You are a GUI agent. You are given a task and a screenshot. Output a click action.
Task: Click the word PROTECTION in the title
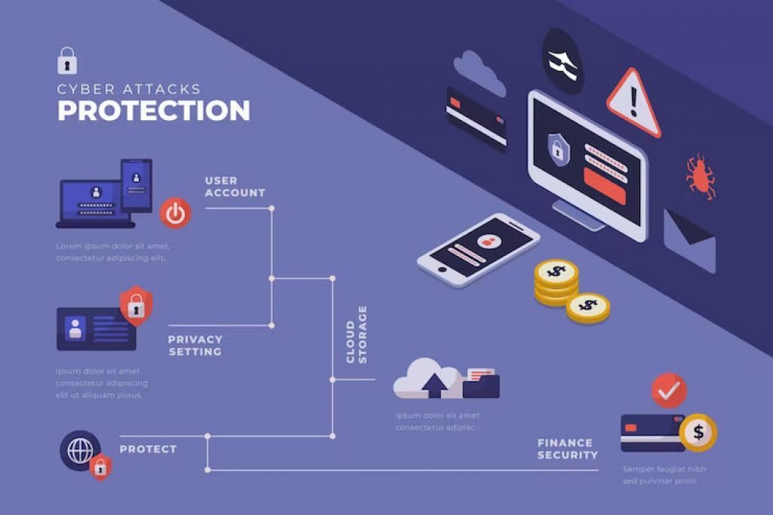click(x=153, y=110)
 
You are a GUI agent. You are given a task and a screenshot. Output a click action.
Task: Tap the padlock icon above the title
click(x=67, y=60)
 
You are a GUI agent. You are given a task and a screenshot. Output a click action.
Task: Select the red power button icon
click(x=175, y=214)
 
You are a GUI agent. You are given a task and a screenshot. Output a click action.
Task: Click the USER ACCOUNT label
click(x=235, y=187)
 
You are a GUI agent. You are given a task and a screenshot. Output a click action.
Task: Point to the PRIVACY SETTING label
click(x=195, y=345)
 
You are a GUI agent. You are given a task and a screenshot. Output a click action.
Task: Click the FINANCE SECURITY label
click(x=567, y=449)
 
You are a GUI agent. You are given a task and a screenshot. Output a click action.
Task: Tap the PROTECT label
click(x=148, y=449)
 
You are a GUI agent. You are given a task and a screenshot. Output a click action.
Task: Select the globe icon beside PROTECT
click(x=79, y=451)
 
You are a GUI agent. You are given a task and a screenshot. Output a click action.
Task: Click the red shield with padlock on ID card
click(x=136, y=304)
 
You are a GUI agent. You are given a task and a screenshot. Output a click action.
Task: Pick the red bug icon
click(x=700, y=176)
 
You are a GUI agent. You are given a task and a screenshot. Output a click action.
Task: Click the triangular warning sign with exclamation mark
click(x=633, y=103)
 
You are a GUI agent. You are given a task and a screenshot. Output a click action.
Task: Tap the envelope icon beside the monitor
click(x=688, y=240)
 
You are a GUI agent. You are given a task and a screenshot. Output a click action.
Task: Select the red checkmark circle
click(x=669, y=390)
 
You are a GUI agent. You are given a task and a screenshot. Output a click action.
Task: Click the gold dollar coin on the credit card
click(x=698, y=433)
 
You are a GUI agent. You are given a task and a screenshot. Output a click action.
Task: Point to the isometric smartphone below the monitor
click(x=479, y=250)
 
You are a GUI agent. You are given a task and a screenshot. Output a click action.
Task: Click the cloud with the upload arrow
click(x=427, y=379)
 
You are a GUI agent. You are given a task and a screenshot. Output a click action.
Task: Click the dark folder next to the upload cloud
click(x=481, y=383)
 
